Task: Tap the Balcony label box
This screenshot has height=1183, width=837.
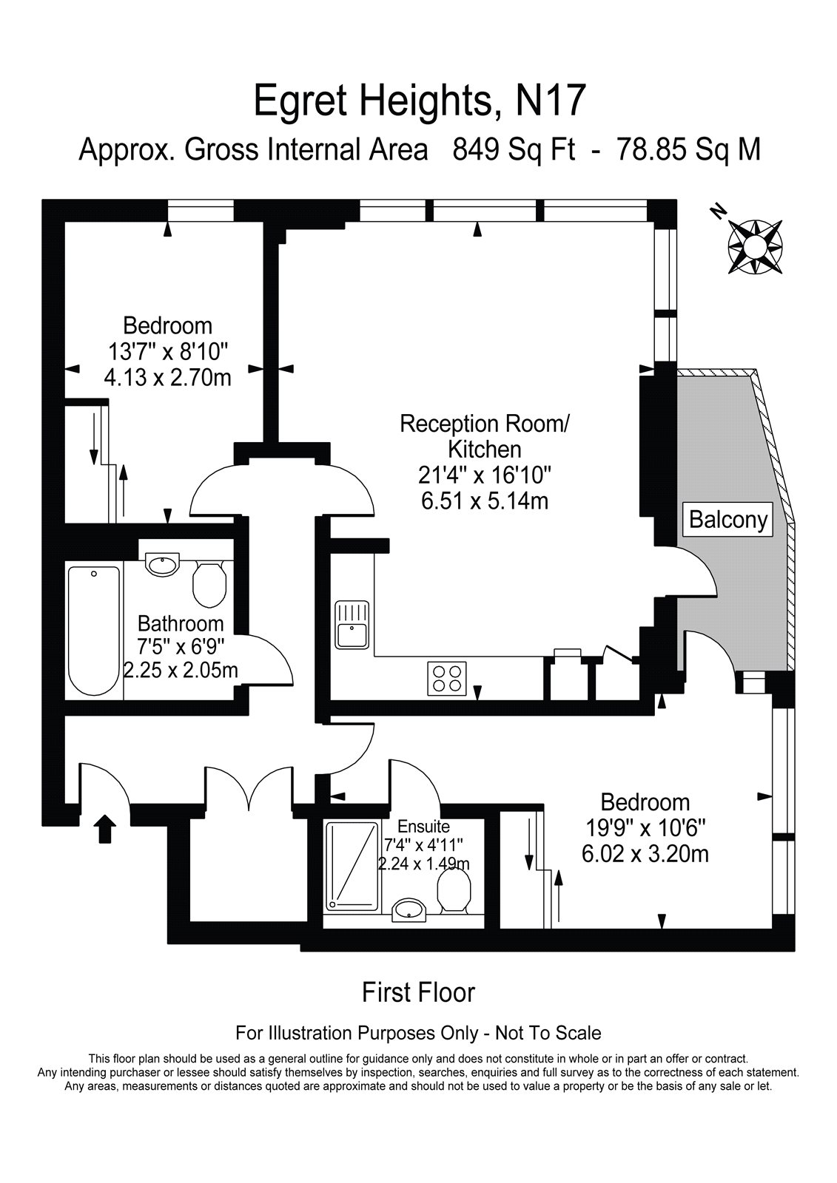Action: (x=728, y=520)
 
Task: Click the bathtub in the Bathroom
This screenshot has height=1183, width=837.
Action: (x=94, y=630)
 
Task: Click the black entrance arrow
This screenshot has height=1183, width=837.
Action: (x=105, y=829)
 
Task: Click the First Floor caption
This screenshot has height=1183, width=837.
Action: (x=418, y=992)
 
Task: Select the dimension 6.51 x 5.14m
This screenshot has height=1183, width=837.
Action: (x=485, y=501)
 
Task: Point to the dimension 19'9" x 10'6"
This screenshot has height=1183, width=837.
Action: (x=645, y=828)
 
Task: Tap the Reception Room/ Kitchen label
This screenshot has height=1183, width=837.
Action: (x=485, y=436)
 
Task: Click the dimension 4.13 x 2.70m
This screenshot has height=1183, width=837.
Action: (x=167, y=378)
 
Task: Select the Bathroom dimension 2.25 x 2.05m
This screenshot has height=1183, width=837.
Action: (x=181, y=671)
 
